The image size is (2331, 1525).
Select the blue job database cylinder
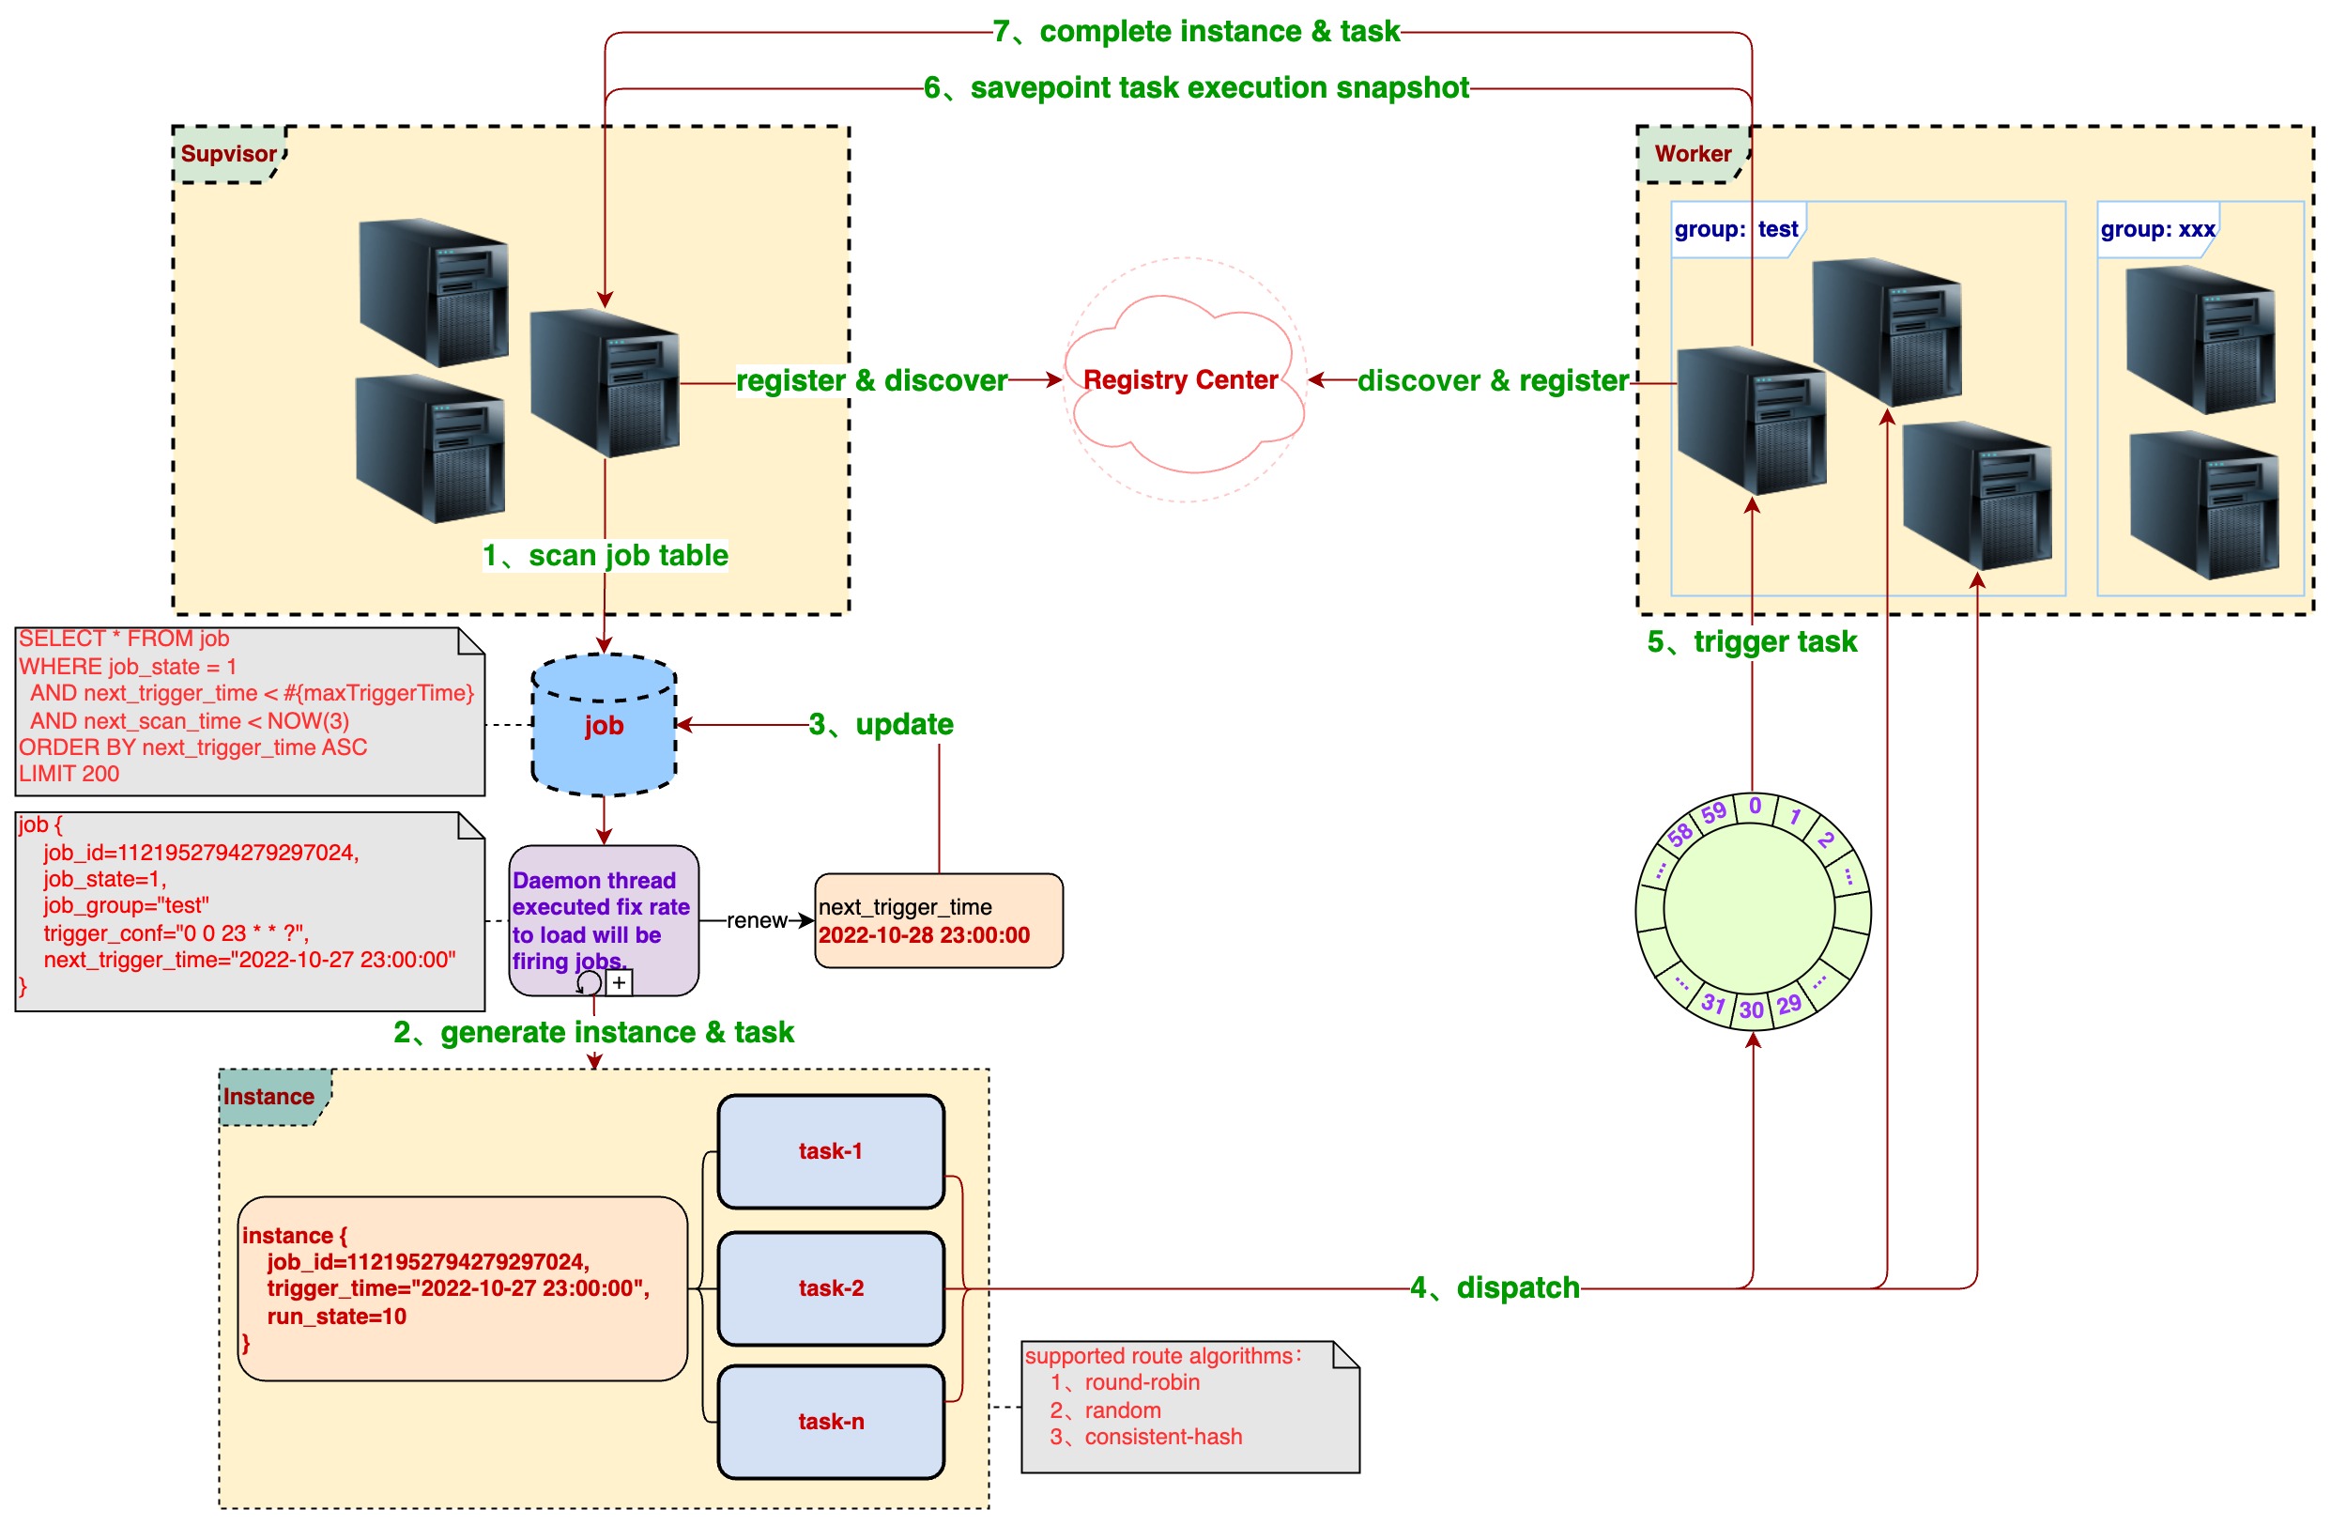[604, 726]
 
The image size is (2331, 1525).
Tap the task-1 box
[831, 1151]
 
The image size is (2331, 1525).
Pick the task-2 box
[831, 1288]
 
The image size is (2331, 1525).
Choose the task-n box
[831, 1421]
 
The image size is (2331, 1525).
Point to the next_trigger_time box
[937, 920]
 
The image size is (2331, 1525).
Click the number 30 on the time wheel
[1751, 1009]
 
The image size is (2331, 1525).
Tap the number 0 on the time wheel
[1756, 806]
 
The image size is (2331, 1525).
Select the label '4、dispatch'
[1495, 1288]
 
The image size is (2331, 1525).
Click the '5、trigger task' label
[1751, 641]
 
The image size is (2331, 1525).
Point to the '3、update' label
[881, 725]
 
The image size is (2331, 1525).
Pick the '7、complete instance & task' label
[1196, 31]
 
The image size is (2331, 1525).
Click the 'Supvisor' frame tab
[228, 154]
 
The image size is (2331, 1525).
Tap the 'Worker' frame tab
[1693, 154]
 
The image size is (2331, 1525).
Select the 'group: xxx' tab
[2156, 229]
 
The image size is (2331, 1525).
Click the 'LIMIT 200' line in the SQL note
[69, 774]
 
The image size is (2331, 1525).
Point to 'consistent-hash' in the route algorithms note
[1162, 1437]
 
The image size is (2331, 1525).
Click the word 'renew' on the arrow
[756, 920]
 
